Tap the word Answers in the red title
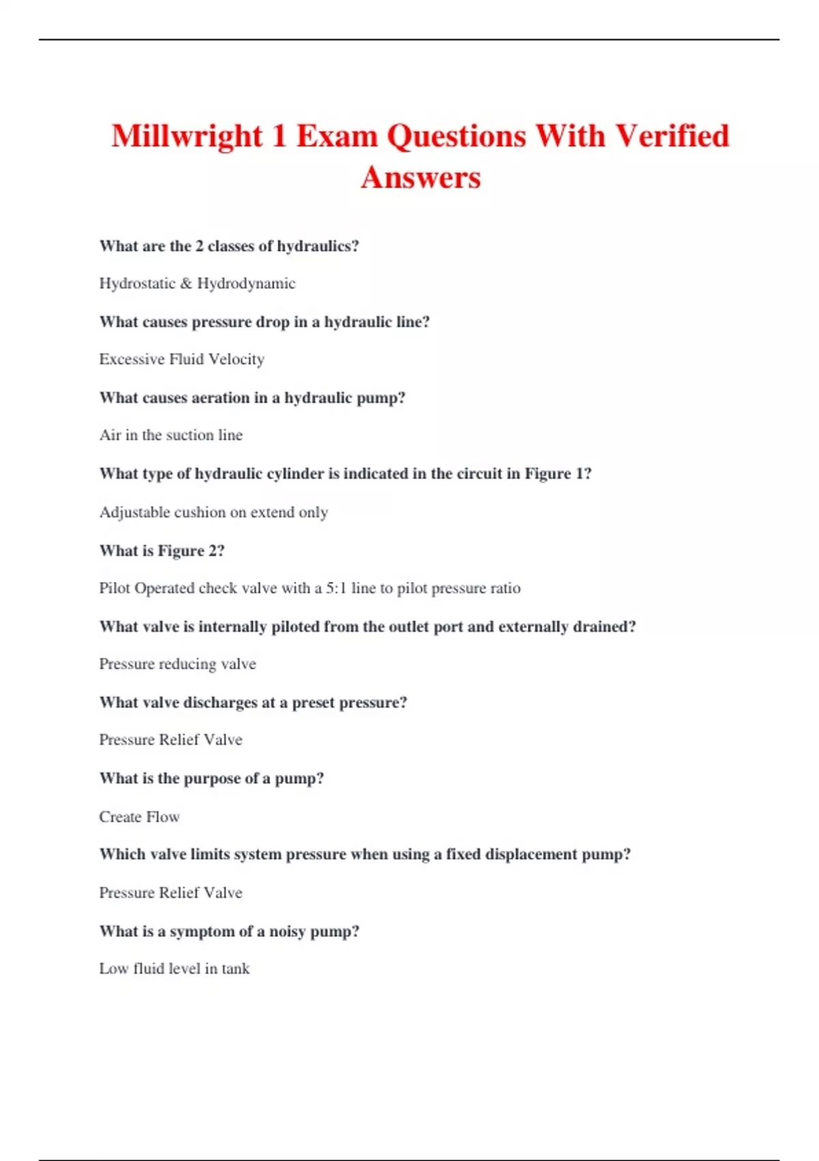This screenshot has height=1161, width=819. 421,178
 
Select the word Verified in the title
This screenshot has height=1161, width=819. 673,136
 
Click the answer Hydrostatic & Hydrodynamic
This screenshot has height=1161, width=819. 197,283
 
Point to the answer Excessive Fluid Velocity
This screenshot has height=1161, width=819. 182,359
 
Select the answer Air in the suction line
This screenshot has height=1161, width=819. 171,435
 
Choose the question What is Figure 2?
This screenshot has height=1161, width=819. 162,550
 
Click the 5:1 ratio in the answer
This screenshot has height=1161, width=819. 336,588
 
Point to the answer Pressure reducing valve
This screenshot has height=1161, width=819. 177,664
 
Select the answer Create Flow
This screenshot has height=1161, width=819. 139,817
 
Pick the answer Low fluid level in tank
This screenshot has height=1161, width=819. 174,968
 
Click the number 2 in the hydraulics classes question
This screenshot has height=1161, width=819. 199,246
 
